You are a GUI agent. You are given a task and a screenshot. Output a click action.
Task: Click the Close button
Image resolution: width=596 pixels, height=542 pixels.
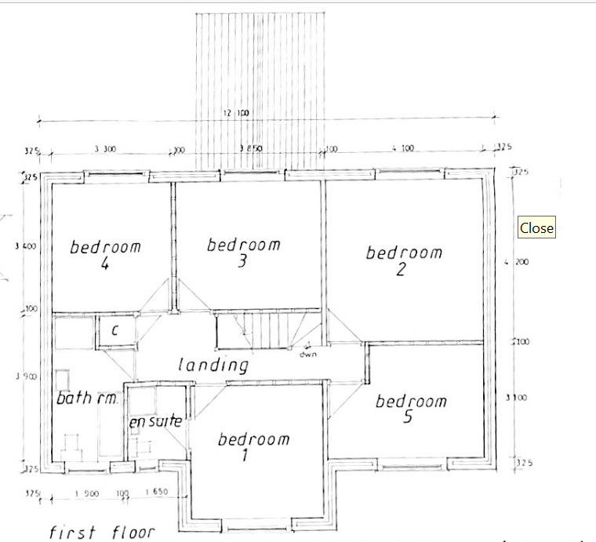pyautogui.click(x=536, y=228)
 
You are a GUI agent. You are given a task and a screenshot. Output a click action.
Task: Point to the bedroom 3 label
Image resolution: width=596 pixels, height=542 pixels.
pyautogui.click(x=243, y=253)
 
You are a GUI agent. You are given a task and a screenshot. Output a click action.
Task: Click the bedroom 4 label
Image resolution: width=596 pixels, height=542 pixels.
pyautogui.click(x=105, y=255)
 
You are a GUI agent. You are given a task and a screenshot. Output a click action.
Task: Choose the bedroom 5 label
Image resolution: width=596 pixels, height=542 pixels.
pyautogui.click(x=410, y=409)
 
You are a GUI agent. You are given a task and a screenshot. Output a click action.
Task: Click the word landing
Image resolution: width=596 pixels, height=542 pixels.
pyautogui.click(x=213, y=365)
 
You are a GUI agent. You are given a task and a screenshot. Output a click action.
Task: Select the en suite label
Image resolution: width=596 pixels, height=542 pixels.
pyautogui.click(x=155, y=422)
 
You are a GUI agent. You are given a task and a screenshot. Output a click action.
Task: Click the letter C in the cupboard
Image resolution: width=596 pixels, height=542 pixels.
pyautogui.click(x=114, y=330)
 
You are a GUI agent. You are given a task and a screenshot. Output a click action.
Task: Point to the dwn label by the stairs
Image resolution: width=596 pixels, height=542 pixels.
pyautogui.click(x=307, y=354)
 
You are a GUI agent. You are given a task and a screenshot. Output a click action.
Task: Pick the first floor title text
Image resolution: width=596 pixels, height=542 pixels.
pyautogui.click(x=102, y=533)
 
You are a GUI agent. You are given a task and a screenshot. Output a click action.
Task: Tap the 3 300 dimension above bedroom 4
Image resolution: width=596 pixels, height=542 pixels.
pyautogui.click(x=105, y=147)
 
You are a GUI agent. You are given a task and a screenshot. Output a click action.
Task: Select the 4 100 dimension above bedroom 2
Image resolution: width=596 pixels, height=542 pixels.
pyautogui.click(x=402, y=147)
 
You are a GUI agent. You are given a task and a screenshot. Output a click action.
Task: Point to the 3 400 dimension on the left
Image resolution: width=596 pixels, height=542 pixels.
pyautogui.click(x=25, y=246)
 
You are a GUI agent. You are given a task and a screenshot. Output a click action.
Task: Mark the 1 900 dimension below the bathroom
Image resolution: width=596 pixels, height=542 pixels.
pyautogui.click(x=85, y=495)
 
